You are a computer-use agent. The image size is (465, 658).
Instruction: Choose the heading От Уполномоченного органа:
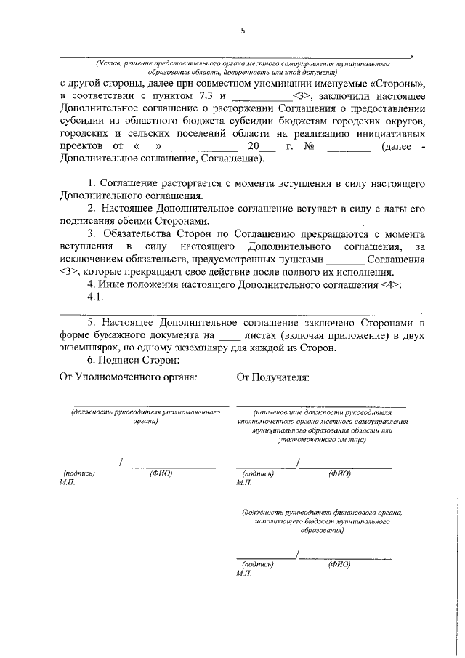point(129,377)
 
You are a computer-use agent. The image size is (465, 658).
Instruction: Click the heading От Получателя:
point(272,377)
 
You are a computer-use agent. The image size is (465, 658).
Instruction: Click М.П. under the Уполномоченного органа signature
point(68,482)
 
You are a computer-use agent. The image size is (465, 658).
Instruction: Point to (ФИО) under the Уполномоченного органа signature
point(161,473)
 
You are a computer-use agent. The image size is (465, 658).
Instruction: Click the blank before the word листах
point(229,335)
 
